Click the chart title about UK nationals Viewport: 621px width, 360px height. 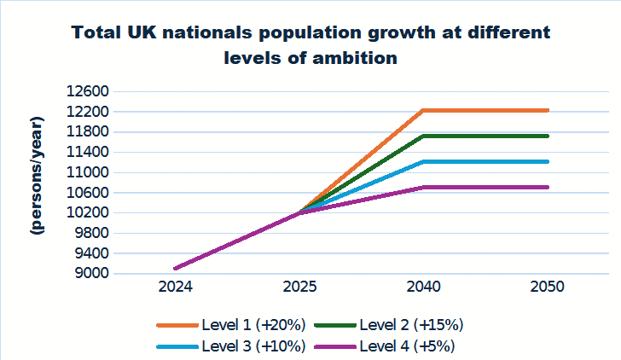coord(310,45)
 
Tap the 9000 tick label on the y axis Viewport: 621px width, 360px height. coord(89,274)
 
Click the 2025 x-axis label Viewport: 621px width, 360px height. coord(298,287)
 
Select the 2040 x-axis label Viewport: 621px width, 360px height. coord(422,287)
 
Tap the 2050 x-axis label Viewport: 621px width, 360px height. coord(547,287)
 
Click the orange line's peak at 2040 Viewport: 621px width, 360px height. coord(422,110)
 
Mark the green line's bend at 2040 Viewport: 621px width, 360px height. coord(422,136)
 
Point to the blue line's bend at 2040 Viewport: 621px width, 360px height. coord(422,161)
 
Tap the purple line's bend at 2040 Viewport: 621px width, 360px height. coord(422,187)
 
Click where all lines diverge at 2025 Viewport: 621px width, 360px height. coord(298,212)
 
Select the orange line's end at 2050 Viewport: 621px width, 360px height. coord(547,110)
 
